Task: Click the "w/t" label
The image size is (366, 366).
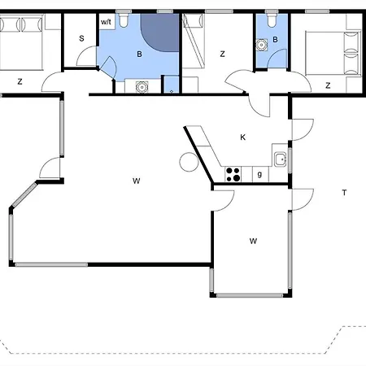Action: click(106, 22)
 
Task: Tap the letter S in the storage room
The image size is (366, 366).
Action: click(81, 38)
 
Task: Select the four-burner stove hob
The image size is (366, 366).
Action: click(233, 174)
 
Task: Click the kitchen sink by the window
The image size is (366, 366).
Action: click(281, 159)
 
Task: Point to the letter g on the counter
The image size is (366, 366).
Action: click(259, 174)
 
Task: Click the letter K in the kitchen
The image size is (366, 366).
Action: click(243, 137)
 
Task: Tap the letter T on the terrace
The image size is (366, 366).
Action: click(344, 193)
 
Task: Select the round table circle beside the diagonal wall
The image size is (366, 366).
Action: click(189, 162)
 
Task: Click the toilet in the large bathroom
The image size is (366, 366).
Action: click(124, 20)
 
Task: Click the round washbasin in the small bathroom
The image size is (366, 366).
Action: click(262, 45)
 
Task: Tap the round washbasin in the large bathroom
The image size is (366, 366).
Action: click(142, 87)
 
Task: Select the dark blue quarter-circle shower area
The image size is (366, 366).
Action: click(160, 33)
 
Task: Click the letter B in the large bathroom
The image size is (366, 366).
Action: click(139, 54)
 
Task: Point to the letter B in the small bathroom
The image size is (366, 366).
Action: click(275, 40)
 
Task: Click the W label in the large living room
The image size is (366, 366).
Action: click(137, 181)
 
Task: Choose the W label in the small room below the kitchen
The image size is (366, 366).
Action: click(253, 241)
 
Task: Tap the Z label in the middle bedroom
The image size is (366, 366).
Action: click(223, 54)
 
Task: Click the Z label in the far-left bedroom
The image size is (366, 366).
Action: click(20, 81)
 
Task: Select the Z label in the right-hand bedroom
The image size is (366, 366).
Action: click(328, 85)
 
